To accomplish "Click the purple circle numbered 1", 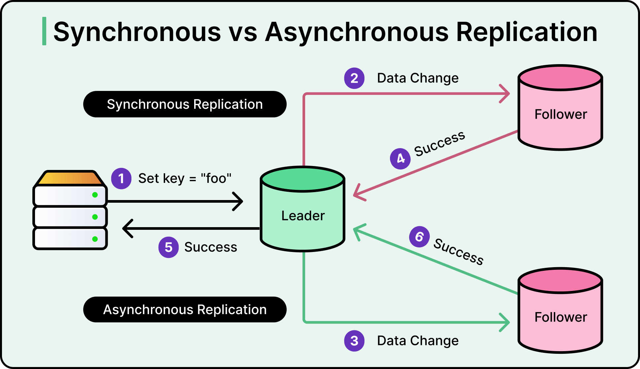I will click(x=121, y=179).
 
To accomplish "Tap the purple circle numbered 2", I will click(x=354, y=78).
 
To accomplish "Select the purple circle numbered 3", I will click(x=354, y=341).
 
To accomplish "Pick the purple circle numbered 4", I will click(x=400, y=159).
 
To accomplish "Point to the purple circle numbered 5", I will click(x=168, y=247).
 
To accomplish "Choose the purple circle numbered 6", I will click(x=419, y=237).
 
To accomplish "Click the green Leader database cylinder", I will click(x=303, y=215).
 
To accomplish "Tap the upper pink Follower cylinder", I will click(x=560, y=114).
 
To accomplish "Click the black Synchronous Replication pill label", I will click(x=185, y=104).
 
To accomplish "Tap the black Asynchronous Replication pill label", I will click(x=185, y=309).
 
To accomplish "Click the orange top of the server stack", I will click(x=70, y=178).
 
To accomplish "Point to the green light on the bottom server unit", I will click(x=95, y=239).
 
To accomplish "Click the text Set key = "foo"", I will click(x=185, y=179).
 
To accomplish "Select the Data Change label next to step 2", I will click(x=418, y=78).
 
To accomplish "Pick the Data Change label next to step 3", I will click(x=418, y=341).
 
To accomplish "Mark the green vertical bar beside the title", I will click(x=44, y=31).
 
